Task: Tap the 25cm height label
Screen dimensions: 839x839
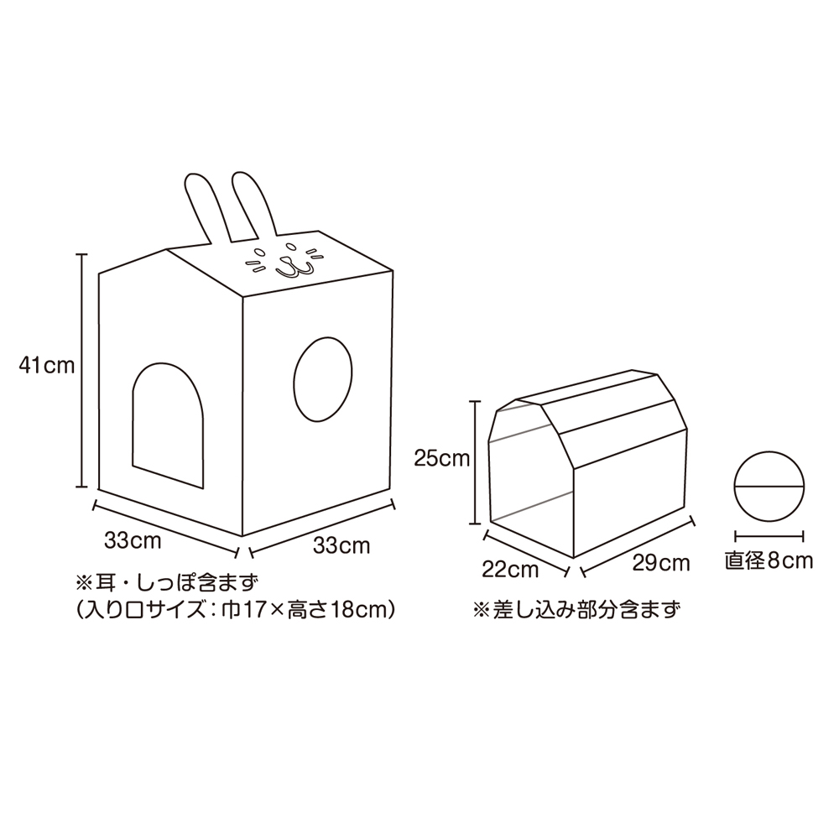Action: (442, 459)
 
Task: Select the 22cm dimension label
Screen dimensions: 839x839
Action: (510, 570)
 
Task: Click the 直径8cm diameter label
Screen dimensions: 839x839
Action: (769, 560)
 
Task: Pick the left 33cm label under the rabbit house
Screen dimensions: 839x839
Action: (133, 540)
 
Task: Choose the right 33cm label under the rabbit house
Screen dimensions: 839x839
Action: (341, 545)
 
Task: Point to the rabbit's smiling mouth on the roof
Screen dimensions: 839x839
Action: (293, 268)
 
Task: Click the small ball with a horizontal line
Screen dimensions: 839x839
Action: (769, 486)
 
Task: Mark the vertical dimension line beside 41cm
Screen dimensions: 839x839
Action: (81, 370)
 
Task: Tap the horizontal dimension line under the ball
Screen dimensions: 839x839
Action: (769, 534)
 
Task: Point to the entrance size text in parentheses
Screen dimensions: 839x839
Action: (236, 609)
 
